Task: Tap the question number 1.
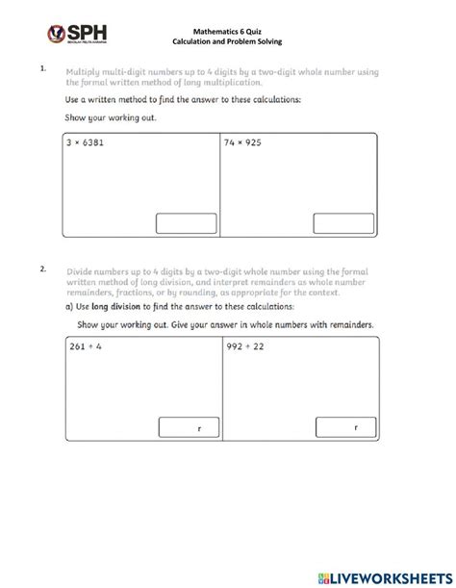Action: [42, 69]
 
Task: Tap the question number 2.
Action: [42, 269]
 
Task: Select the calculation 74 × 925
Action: [244, 142]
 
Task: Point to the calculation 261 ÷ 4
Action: [86, 346]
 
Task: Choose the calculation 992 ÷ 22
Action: [246, 346]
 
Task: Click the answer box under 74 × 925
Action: [342, 223]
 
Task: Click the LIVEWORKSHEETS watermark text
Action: [389, 575]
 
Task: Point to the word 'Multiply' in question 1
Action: [87, 71]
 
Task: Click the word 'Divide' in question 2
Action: [83, 272]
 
